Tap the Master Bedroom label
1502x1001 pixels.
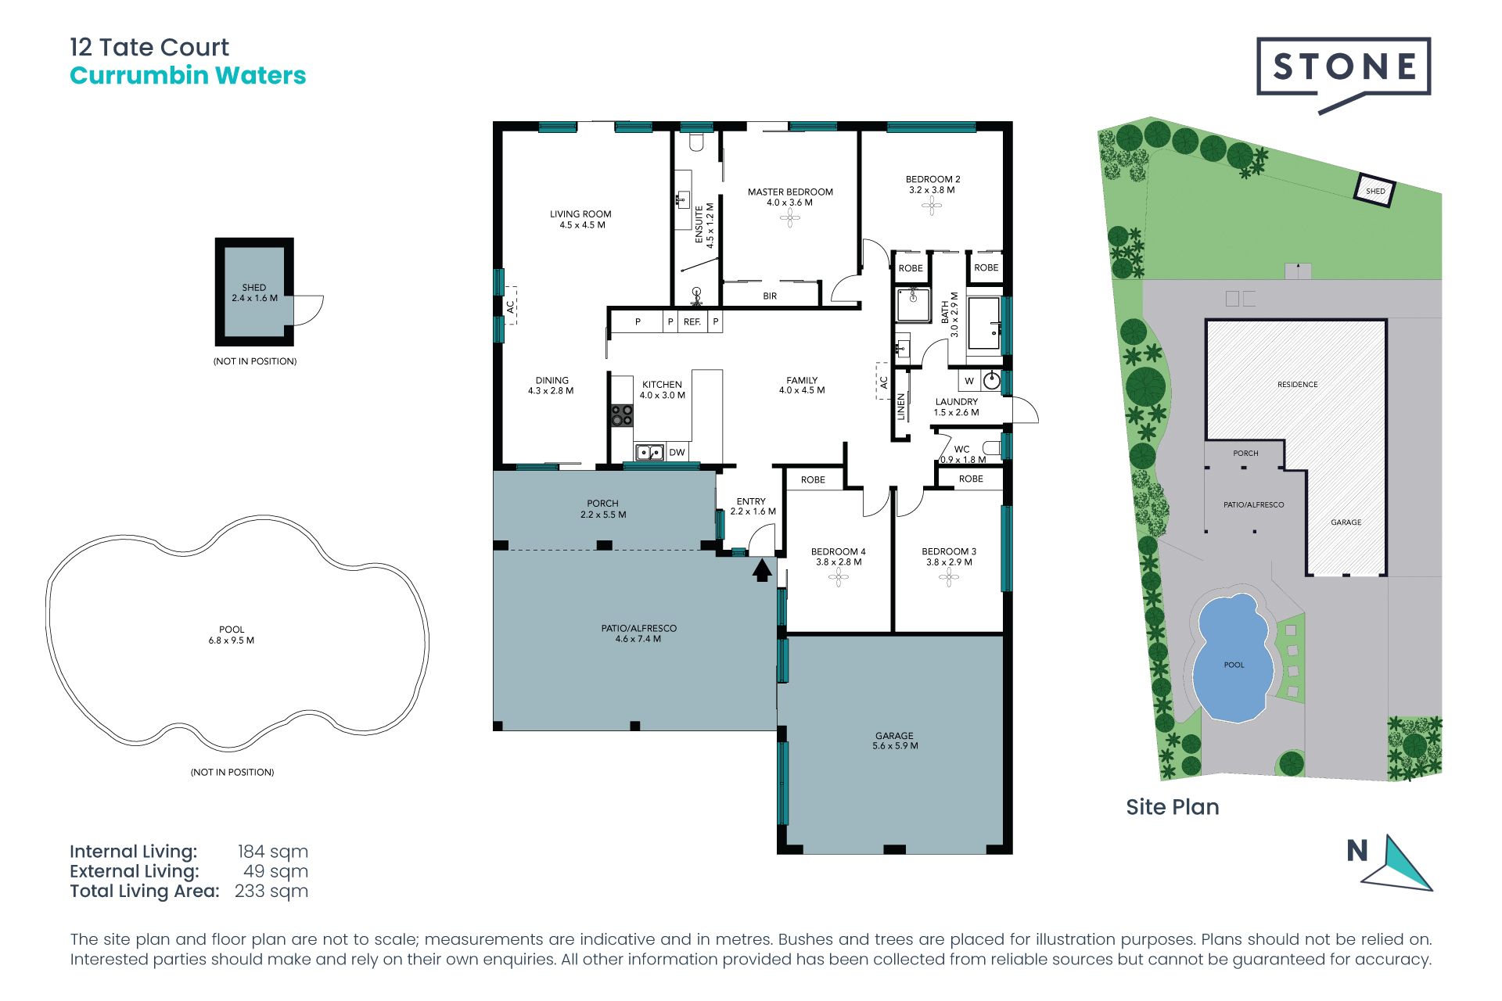(790, 192)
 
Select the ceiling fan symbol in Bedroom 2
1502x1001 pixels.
(931, 206)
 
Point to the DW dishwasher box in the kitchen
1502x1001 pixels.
(677, 452)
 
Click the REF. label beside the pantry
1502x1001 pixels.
(692, 321)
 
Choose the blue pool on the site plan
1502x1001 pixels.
(1231, 659)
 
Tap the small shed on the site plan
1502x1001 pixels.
(1374, 190)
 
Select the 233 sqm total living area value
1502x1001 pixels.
(271, 891)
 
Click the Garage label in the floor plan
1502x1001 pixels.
(894, 736)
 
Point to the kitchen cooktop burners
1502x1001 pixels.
(622, 415)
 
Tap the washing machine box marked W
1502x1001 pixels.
(969, 381)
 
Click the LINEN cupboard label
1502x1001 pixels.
(901, 407)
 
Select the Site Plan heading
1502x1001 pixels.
(1173, 807)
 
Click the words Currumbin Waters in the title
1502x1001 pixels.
(188, 75)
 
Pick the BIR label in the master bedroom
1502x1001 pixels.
(770, 296)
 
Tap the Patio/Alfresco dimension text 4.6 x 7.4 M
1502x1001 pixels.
(638, 639)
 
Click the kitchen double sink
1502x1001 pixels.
(649, 452)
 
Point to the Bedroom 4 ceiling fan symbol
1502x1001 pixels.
(839, 578)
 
